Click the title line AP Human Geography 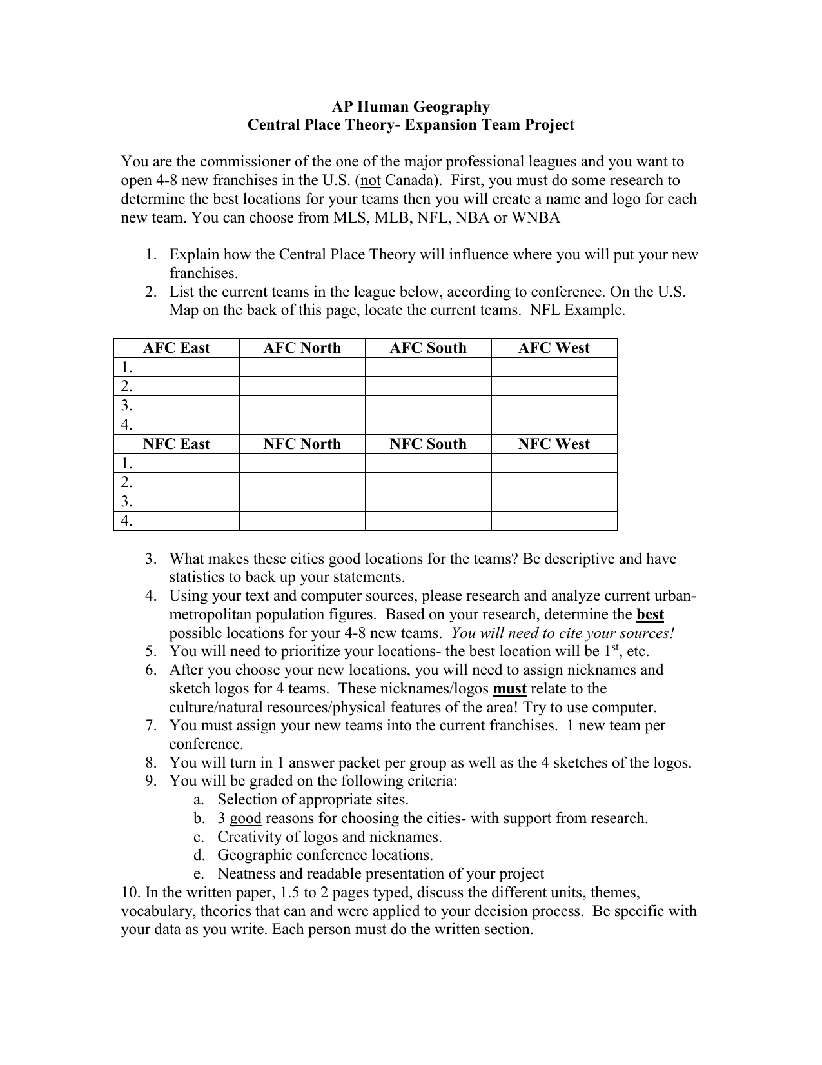(x=411, y=106)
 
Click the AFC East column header (x=176, y=348)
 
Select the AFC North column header (x=302, y=348)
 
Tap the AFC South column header (x=427, y=348)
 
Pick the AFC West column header (x=554, y=348)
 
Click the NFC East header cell (x=176, y=444)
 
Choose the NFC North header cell (x=302, y=444)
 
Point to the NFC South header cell (x=427, y=444)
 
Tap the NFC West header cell (x=554, y=444)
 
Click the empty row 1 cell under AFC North (x=302, y=367)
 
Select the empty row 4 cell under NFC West (x=554, y=521)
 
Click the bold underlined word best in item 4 (x=650, y=615)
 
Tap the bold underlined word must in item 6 (x=509, y=689)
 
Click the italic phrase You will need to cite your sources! (x=563, y=633)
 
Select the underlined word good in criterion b (x=245, y=819)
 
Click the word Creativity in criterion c (x=248, y=837)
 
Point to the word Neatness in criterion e (x=246, y=874)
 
